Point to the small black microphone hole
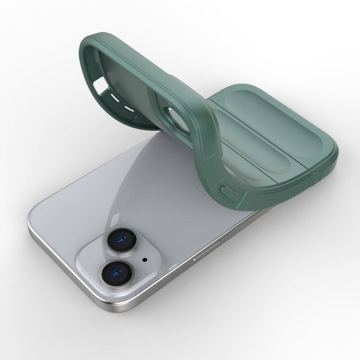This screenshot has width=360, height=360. point(145,259)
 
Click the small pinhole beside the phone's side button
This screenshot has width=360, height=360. point(220,240)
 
